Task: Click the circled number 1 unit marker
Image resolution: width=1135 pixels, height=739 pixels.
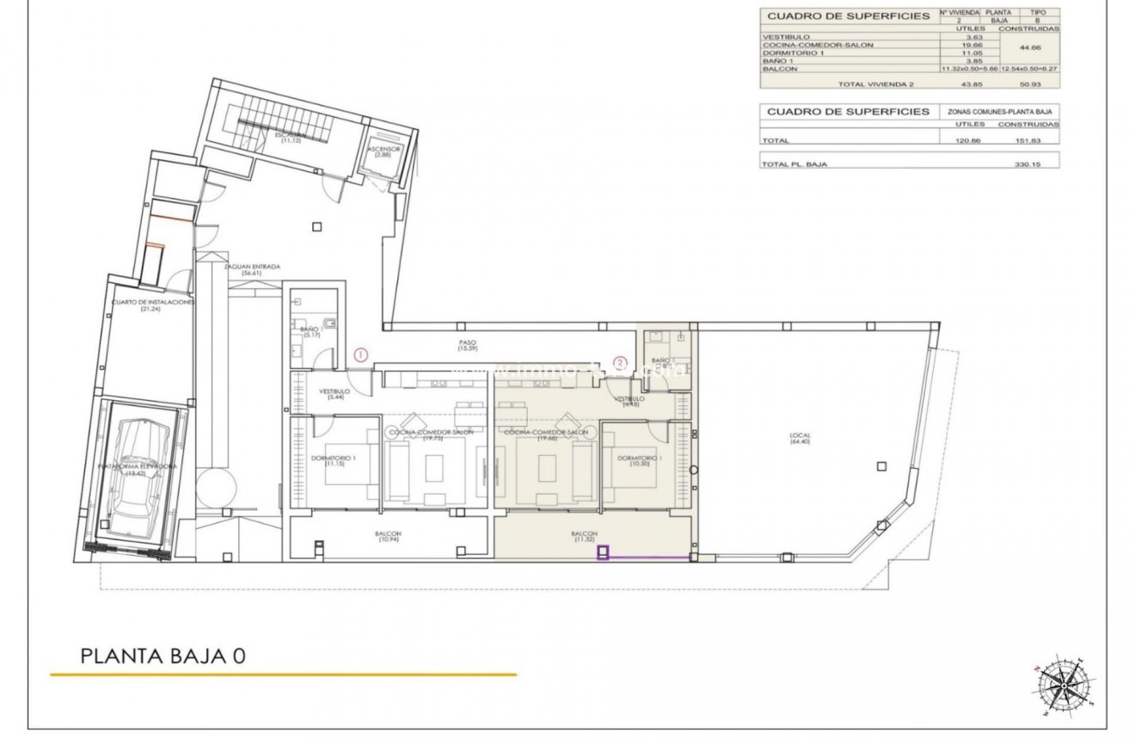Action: pos(361,354)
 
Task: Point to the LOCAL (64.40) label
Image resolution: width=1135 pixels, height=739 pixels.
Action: pos(800,439)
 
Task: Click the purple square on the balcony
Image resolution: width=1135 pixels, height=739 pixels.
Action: pos(603,553)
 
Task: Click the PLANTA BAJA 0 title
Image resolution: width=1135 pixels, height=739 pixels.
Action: pos(163,656)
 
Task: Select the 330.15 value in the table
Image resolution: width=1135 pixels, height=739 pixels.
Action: pos(1028,163)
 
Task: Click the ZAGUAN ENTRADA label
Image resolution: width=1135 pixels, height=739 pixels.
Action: pos(252,269)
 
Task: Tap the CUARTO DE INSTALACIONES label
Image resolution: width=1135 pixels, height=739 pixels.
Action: pos(152,306)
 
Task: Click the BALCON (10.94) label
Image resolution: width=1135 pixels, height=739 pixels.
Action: pos(388,537)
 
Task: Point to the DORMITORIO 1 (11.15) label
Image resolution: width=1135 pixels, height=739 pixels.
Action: pos(330,460)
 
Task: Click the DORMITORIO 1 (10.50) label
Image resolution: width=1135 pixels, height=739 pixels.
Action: pos(640,461)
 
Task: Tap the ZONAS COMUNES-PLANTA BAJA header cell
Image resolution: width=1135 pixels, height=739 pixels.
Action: pos(1001,112)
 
